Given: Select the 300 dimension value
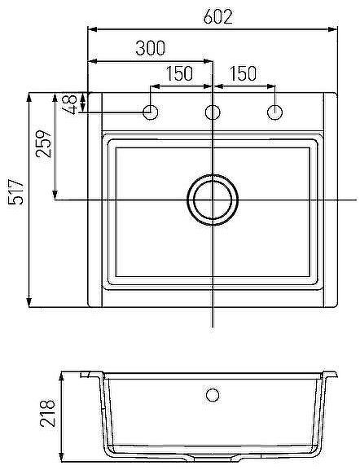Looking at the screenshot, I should tap(151, 48).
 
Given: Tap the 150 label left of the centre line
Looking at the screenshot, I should tap(179, 73).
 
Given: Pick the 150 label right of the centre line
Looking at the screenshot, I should tap(243, 73).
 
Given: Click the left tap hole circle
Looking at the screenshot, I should tap(151, 112).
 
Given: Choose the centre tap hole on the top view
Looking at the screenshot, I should tap(213, 112).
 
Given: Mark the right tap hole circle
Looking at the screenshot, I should tap(274, 112).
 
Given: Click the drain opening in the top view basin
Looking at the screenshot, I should tap(213, 199).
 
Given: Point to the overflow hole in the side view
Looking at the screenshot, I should tap(213, 395).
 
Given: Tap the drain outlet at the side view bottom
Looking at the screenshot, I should tap(213, 459).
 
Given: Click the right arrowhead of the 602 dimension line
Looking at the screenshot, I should tap(333, 30).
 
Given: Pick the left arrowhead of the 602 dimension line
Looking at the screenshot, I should tap(92, 30).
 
